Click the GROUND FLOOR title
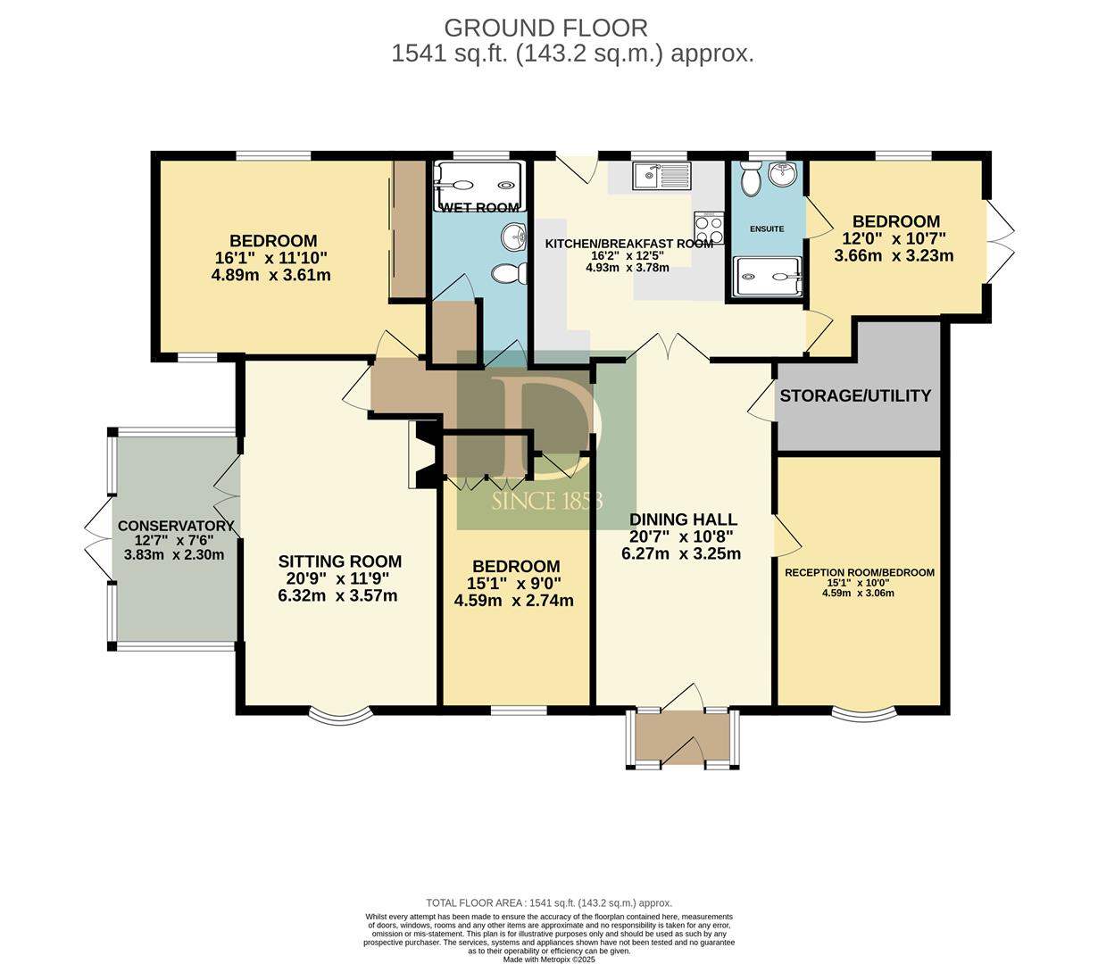[545, 29]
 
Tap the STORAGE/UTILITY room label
[855, 395]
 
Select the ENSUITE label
[767, 229]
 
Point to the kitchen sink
[661, 175]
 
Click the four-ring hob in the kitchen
[709, 227]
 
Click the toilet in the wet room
[510, 273]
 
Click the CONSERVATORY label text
[176, 526]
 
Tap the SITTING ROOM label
[340, 561]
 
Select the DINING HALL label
[683, 519]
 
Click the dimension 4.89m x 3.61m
[271, 275]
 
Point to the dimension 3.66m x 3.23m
[894, 255]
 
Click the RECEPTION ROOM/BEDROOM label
[860, 572]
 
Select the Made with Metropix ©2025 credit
[549, 960]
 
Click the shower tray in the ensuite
[767, 277]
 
